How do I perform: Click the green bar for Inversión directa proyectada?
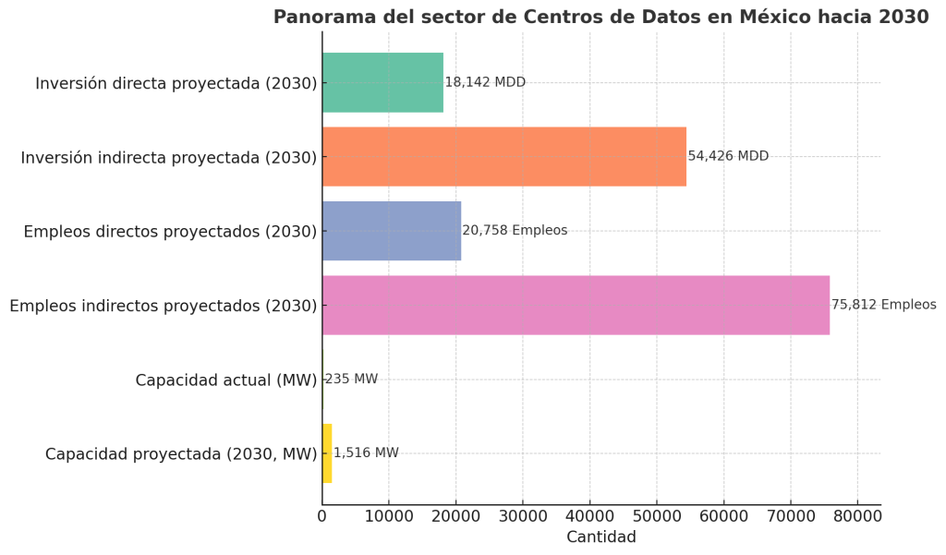click(382, 82)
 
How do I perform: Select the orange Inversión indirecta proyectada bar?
click(503, 156)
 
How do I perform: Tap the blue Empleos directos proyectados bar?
click(391, 230)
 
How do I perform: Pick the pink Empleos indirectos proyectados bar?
click(575, 305)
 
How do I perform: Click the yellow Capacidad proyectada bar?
click(327, 453)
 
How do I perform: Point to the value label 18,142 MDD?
click(485, 82)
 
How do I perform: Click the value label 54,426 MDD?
click(728, 156)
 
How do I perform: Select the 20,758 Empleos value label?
click(515, 230)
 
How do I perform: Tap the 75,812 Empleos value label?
click(883, 305)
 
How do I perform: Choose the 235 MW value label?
click(351, 379)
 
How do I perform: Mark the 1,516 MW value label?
click(366, 453)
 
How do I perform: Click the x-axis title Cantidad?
click(600, 537)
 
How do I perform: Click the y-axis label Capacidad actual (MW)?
click(225, 380)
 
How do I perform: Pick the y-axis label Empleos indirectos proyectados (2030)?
click(163, 306)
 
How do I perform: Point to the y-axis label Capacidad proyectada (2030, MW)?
click(180, 454)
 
